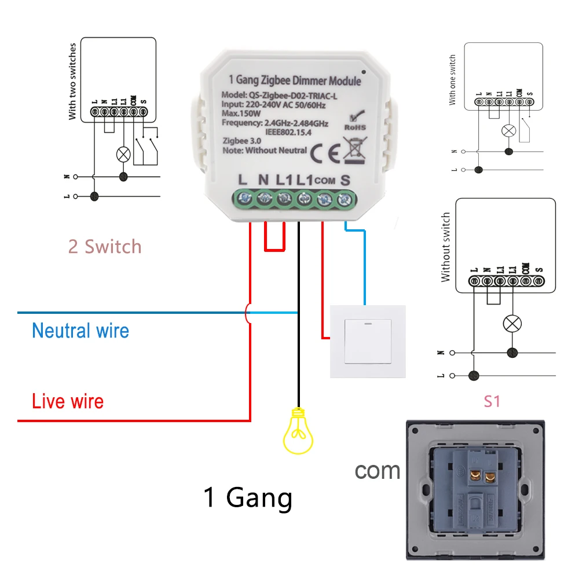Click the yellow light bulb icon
[298, 431]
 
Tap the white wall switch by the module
[367, 341]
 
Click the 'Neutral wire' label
[80, 331]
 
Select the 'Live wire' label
[68, 401]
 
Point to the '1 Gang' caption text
[248, 497]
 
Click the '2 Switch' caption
[105, 247]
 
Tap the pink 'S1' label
[492, 401]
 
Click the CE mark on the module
[321, 154]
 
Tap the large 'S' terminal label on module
[346, 180]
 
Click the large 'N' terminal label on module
[263, 180]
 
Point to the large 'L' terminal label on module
[243, 180]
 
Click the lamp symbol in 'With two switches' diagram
[123, 154]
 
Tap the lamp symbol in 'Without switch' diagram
[511, 324]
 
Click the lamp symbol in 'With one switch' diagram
[508, 130]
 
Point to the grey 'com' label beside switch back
[378, 470]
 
